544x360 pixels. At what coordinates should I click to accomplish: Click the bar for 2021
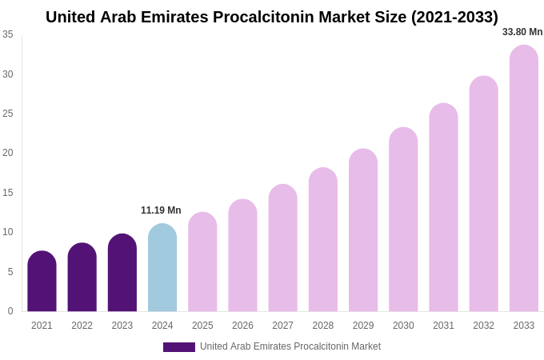point(42,282)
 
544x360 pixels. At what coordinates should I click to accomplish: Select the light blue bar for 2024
point(162,268)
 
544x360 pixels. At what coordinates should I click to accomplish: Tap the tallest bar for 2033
point(524,178)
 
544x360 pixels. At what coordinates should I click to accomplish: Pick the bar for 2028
point(323,240)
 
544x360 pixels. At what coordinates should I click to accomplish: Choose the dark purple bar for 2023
point(122,273)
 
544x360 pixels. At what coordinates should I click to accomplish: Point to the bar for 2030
point(403,220)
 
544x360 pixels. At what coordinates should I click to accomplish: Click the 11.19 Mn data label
point(161,210)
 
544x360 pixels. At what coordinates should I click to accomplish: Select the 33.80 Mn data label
point(522,32)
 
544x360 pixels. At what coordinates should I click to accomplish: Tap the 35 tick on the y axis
point(8,34)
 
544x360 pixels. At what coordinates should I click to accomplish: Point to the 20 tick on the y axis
point(8,153)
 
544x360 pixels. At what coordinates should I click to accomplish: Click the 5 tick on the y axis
point(10,272)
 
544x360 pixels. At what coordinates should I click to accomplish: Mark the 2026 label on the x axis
point(242,326)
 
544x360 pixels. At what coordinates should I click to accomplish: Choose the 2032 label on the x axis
point(483,326)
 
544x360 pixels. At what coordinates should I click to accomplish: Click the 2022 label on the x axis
point(82,326)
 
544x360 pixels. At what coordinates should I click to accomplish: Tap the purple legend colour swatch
point(179,347)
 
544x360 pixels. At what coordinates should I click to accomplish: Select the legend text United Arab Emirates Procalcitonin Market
point(290,346)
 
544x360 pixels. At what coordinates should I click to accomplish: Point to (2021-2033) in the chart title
point(454,17)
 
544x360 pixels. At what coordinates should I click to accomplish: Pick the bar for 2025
point(202,262)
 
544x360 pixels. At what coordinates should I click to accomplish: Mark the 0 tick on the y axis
point(10,311)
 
